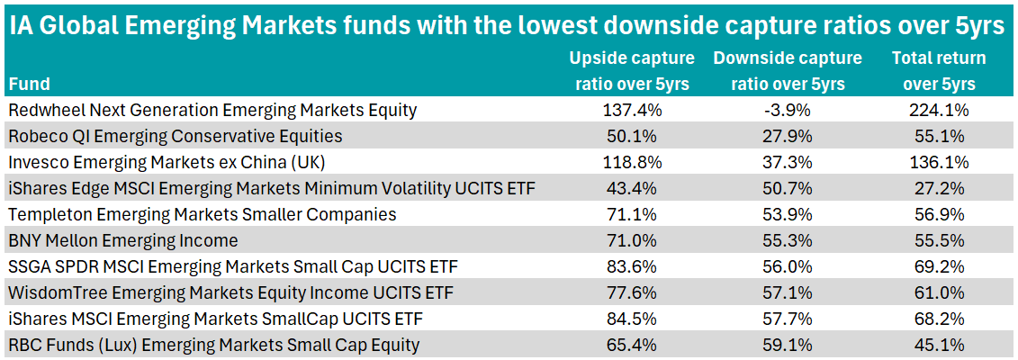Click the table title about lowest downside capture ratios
coord(509,24)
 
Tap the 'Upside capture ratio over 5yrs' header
coord(631,71)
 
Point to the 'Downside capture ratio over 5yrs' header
coord(787,71)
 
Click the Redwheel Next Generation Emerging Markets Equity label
coord(212,111)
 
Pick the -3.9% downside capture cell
coord(787,111)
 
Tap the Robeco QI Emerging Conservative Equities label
coord(175,137)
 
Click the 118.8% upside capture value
coord(631,163)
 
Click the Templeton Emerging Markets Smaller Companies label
coord(202,215)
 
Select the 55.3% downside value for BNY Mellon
coord(787,240)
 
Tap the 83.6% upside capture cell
coord(631,266)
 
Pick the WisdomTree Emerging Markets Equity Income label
coord(230,292)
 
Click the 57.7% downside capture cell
coord(787,319)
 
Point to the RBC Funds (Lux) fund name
coord(213,345)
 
